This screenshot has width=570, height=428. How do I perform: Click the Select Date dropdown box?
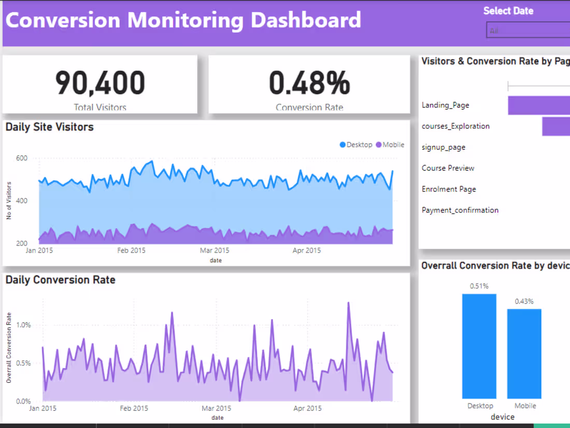click(528, 30)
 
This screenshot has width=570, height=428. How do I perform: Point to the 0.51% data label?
click(479, 286)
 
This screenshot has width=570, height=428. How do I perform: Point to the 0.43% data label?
click(524, 301)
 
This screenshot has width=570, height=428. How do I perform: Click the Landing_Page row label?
click(445, 105)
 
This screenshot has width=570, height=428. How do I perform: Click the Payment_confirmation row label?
click(460, 210)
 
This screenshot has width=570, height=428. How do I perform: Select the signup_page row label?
click(443, 147)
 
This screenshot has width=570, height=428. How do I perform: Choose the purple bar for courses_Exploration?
click(556, 127)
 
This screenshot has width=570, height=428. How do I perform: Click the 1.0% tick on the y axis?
click(24, 325)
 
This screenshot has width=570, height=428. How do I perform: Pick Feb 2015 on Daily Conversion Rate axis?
click(134, 408)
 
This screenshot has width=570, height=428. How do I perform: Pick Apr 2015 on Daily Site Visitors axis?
click(306, 251)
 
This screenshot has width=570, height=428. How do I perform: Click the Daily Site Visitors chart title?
click(50, 127)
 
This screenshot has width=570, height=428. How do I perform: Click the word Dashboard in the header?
click(306, 20)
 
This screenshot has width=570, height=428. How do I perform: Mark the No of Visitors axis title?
click(9, 201)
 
